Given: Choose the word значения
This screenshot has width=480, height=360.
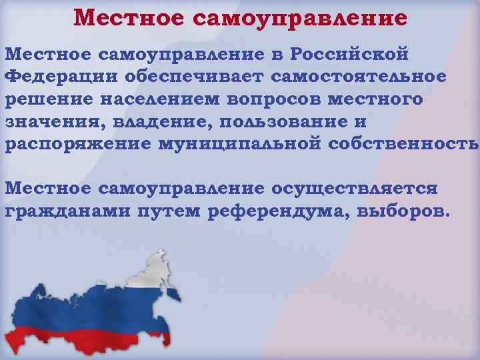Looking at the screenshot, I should pyautogui.click(x=47, y=122).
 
